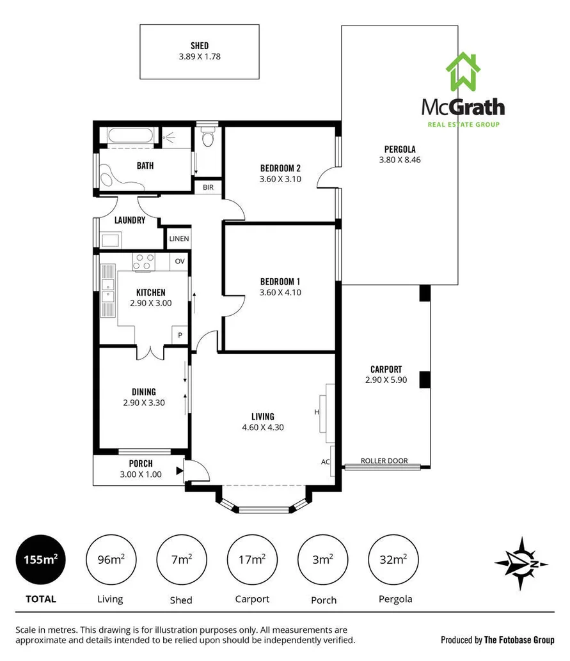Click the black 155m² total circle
[42, 560]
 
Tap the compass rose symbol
[521, 562]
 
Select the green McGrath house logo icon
[463, 72]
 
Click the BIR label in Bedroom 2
[209, 187]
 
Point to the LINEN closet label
[179, 239]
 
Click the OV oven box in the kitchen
[180, 261]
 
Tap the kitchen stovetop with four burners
[144, 261]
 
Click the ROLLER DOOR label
[384, 461]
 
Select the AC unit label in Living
[325, 462]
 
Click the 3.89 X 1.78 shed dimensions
[200, 56]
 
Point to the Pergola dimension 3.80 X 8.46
[399, 160]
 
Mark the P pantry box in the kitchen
[180, 334]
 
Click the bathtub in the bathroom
[131, 136]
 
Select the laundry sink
[109, 240]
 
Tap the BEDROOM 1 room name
[280, 281]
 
